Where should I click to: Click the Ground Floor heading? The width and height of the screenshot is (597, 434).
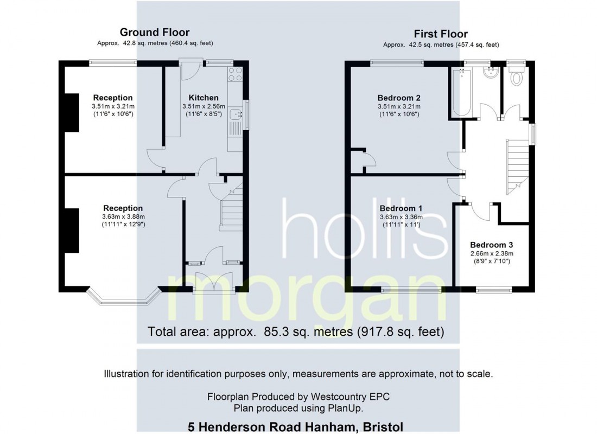(x=154, y=33)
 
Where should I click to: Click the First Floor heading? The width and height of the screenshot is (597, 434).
(x=441, y=34)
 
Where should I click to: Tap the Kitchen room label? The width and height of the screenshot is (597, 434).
(x=204, y=98)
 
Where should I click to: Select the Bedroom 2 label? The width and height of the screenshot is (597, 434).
(x=399, y=98)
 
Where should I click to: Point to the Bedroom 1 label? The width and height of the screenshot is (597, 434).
(x=401, y=208)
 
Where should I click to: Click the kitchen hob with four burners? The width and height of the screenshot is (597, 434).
(x=236, y=74)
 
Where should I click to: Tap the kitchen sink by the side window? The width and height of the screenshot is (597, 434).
(x=235, y=113)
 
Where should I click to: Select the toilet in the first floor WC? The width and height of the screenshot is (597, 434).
(x=516, y=77)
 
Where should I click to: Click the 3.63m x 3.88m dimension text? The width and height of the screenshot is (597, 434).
(x=123, y=216)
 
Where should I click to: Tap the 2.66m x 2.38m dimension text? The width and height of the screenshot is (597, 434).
(x=492, y=253)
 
